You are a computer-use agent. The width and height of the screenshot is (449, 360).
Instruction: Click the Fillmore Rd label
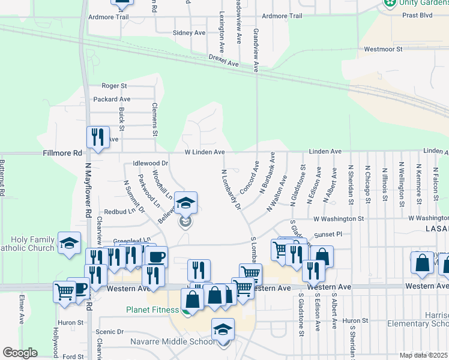pyautogui.click(x=62, y=153)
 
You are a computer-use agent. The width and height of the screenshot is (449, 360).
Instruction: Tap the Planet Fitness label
pyautogui.click(x=152, y=310)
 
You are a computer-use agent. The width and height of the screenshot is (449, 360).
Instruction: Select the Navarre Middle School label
pyautogui.click(x=172, y=342)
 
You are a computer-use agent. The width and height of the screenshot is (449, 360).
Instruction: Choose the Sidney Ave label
pyautogui.click(x=188, y=33)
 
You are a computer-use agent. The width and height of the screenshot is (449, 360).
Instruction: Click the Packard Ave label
pyautogui.click(x=112, y=99)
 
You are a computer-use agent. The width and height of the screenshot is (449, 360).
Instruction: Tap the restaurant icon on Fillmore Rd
pyautogui.click(x=97, y=137)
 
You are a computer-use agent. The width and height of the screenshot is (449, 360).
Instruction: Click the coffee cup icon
pyautogui.click(x=156, y=257)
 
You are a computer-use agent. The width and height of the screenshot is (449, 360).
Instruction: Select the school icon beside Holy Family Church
pyautogui.click(x=70, y=243)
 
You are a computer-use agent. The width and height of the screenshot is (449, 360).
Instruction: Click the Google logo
pyautogui.click(x=20, y=353)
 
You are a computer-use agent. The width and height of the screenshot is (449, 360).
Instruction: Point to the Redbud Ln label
pyautogui.click(x=117, y=212)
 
